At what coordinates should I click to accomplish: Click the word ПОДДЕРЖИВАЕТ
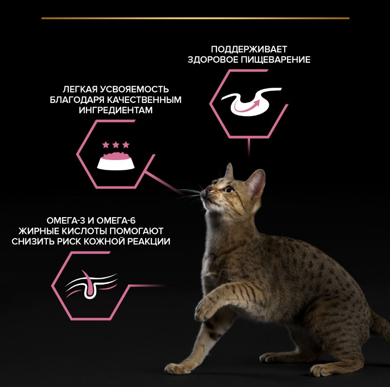(249, 49)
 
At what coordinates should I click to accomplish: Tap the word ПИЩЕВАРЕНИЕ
(276, 59)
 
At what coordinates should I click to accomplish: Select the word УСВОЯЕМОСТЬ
(134, 89)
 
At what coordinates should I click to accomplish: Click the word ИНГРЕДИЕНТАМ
(116, 110)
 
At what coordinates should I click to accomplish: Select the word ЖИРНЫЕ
(38, 231)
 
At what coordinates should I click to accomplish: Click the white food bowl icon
(116, 161)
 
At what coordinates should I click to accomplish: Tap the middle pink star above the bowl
(116, 145)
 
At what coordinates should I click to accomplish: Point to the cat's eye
(229, 190)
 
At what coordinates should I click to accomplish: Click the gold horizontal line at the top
(196, 18)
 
